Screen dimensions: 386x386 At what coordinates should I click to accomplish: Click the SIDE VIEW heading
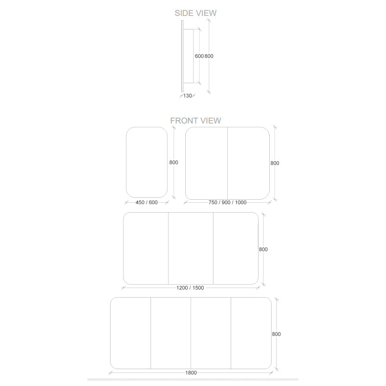[195, 13]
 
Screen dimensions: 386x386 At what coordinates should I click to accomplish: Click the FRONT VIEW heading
[195, 121]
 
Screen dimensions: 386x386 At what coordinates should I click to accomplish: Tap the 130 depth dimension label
[188, 96]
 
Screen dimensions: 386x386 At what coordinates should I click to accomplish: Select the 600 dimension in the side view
[199, 56]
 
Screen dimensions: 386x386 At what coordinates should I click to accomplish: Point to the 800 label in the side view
[209, 56]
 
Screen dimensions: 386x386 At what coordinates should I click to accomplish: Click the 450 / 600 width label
[147, 202]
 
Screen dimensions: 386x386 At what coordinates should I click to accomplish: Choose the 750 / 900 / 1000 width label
[227, 202]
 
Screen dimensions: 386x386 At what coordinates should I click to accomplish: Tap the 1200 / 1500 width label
[190, 288]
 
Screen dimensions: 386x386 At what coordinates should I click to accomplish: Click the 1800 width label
[191, 372]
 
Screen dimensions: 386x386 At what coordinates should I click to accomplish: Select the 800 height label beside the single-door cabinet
[174, 163]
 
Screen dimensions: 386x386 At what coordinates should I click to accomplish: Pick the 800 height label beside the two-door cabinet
[275, 163]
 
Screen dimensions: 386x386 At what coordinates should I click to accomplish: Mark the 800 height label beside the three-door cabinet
[263, 249]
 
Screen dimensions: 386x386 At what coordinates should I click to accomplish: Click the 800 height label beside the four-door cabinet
[276, 334]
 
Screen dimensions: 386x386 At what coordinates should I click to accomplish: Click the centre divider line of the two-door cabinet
[227, 163]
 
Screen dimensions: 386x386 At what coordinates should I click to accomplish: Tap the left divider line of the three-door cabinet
[168, 248]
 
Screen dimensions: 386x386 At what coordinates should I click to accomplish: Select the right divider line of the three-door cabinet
[213, 248]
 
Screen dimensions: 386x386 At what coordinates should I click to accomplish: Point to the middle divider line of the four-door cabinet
[191, 333]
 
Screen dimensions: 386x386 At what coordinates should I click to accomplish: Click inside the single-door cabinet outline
[147, 162]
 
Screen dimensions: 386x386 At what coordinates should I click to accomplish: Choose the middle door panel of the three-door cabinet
[191, 248]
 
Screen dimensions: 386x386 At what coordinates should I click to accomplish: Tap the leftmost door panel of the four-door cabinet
[130, 333]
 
